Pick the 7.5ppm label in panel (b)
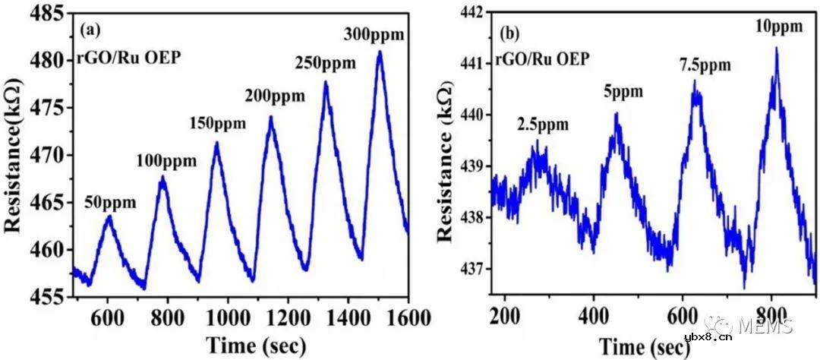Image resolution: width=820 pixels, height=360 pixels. pyautogui.click(x=705, y=65)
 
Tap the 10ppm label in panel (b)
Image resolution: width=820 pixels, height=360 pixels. pyautogui.click(x=778, y=27)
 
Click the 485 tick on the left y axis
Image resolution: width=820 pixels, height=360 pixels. pyautogui.click(x=49, y=13)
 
